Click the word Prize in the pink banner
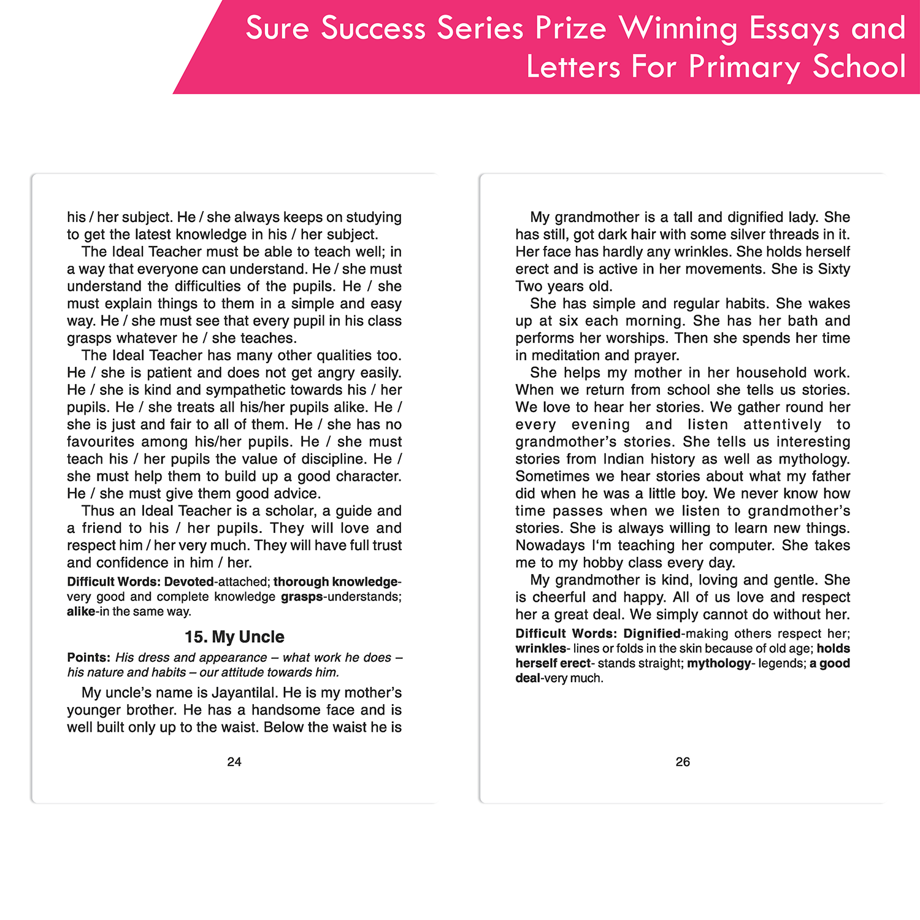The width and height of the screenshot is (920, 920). (x=571, y=29)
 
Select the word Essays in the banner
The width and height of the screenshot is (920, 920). (x=795, y=29)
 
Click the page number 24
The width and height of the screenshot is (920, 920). (x=234, y=762)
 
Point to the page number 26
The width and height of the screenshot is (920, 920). (x=683, y=762)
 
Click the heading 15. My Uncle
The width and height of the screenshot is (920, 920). (x=234, y=637)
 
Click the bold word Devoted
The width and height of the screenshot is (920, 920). (x=189, y=581)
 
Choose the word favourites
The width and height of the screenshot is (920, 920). (x=101, y=442)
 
